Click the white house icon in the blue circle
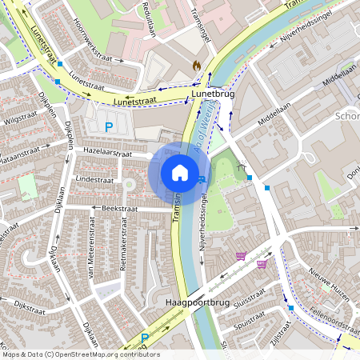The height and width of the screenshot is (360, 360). click(x=180, y=173)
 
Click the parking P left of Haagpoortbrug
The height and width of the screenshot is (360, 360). click(x=145, y=338)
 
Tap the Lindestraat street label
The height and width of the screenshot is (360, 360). click(x=90, y=180)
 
